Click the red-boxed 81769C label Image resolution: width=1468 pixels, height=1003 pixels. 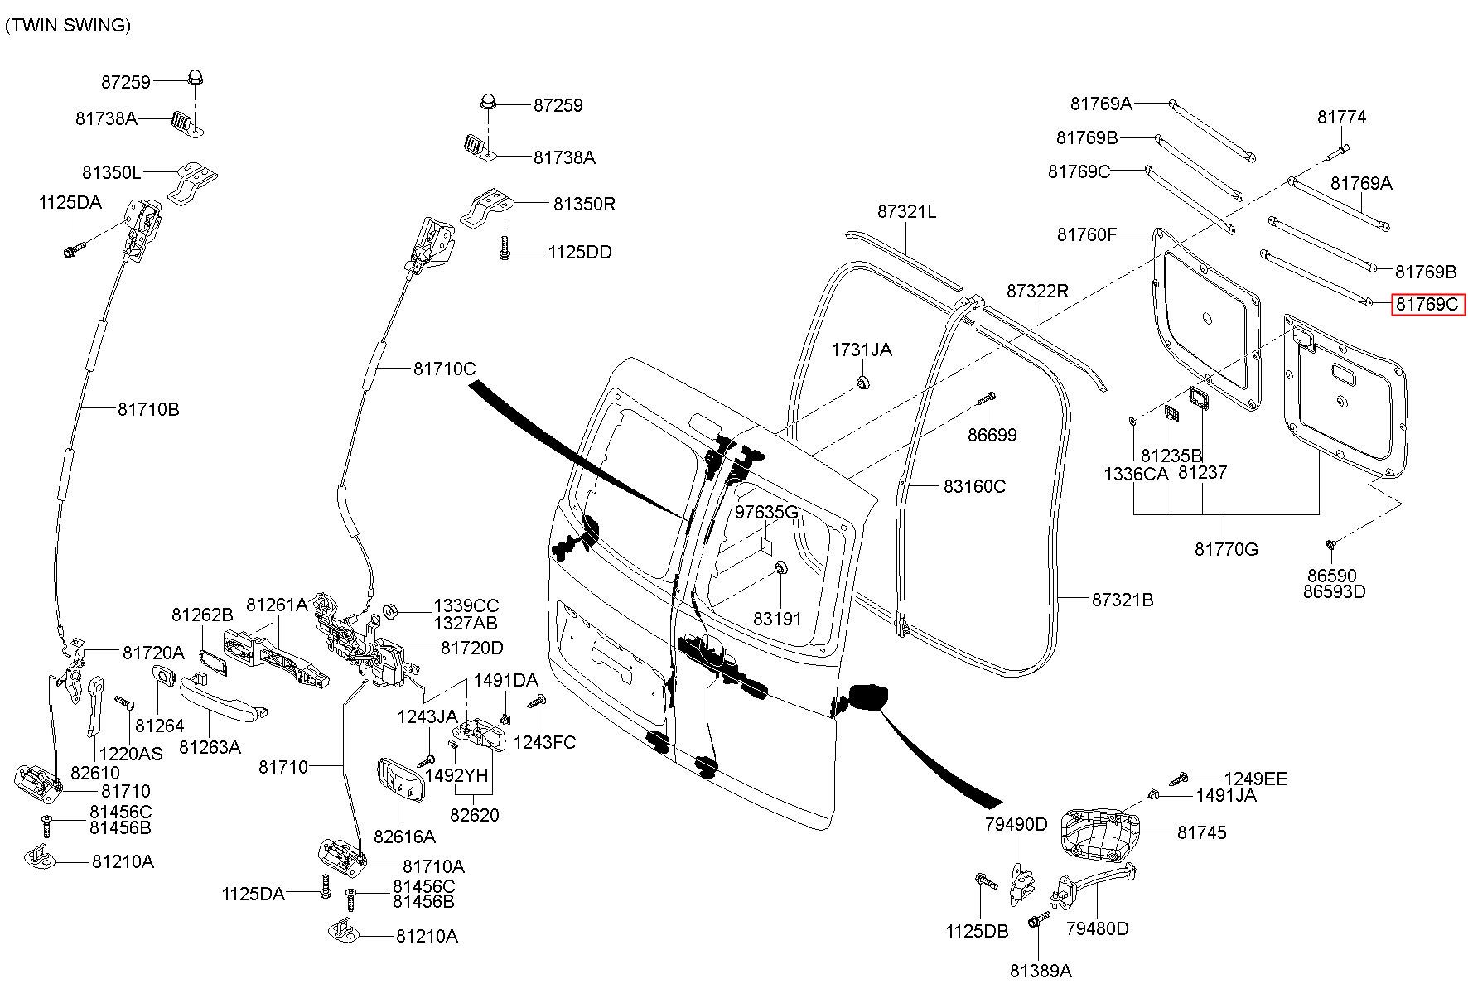pyautogui.click(x=1427, y=305)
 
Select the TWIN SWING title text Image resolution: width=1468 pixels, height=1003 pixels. pyautogui.click(x=68, y=25)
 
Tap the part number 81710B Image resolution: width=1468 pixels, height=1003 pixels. pyautogui.click(x=147, y=409)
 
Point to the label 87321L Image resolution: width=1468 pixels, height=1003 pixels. pyautogui.click(x=906, y=212)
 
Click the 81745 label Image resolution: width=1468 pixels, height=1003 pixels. pyautogui.click(x=1201, y=832)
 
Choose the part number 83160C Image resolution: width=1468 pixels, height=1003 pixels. pyautogui.click(x=974, y=486)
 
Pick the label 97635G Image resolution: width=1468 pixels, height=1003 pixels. pyautogui.click(x=766, y=512)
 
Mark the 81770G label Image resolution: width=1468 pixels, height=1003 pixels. pyautogui.click(x=1225, y=548)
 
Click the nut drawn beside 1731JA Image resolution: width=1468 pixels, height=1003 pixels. pyautogui.click(x=862, y=383)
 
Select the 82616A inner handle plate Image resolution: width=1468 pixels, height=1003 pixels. pyautogui.click(x=401, y=781)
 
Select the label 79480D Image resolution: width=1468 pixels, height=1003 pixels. pyautogui.click(x=1097, y=928)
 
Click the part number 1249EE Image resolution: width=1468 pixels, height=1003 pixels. pyautogui.click(x=1257, y=779)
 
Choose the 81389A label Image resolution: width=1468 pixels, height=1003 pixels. pyautogui.click(x=1041, y=971)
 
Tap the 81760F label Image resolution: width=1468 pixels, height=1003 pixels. pyautogui.click(x=1087, y=234)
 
